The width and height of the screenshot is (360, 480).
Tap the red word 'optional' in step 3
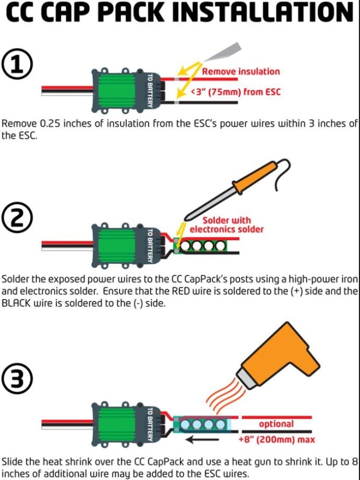(276, 424)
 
